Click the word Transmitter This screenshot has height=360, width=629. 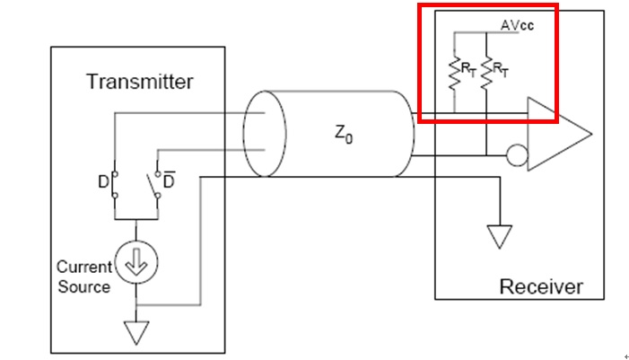[x=140, y=82]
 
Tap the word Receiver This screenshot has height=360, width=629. [x=541, y=286]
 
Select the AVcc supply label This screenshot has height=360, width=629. [x=517, y=25]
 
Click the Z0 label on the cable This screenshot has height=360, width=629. [x=344, y=134]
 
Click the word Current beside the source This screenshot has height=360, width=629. [x=84, y=267]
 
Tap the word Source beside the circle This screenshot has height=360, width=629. [x=83, y=286]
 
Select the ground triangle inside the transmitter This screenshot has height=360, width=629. [x=136, y=333]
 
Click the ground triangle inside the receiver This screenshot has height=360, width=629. [x=500, y=237]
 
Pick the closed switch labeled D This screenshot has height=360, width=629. [x=115, y=185]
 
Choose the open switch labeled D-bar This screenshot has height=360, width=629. [x=154, y=186]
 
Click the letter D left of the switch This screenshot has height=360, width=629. [x=103, y=182]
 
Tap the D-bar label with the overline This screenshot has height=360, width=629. [x=169, y=180]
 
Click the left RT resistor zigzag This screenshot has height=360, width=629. [x=455, y=74]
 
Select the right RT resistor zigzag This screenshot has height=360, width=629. [x=486, y=73]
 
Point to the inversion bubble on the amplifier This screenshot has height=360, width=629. [x=518, y=155]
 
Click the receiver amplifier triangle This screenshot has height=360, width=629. [x=560, y=134]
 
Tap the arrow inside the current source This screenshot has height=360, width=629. [x=136, y=262]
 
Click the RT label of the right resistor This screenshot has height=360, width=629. [x=500, y=70]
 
